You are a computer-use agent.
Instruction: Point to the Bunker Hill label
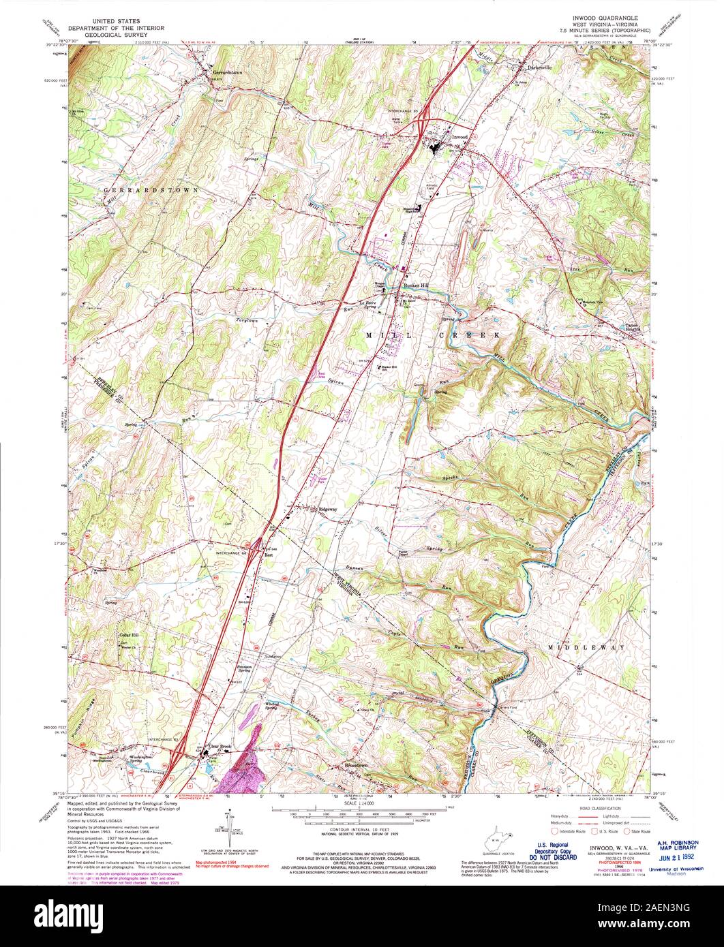415,285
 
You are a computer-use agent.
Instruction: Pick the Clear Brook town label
222,747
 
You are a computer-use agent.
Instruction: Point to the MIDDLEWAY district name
585,647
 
